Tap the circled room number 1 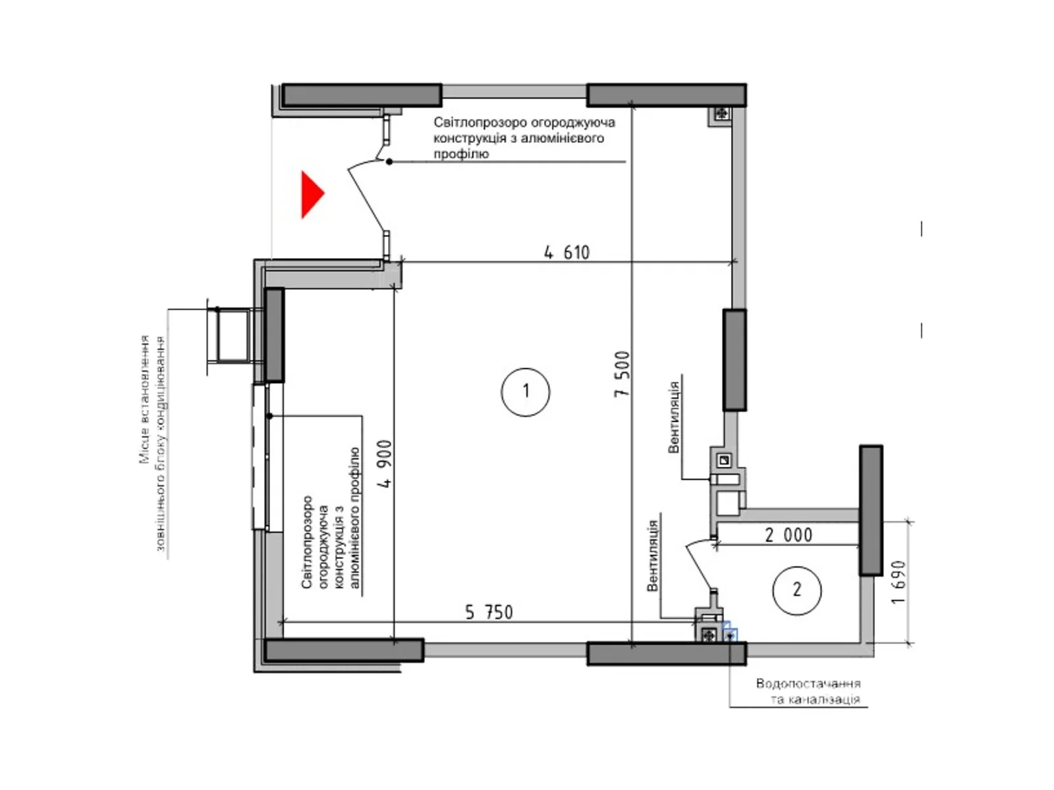[525, 392]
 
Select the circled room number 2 [796, 590]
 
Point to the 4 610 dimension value [567, 252]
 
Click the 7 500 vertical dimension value [622, 374]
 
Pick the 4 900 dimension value [385, 464]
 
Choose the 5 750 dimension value [489, 612]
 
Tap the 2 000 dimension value [789, 535]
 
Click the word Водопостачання [808, 683]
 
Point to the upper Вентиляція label [674, 417]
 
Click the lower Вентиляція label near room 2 [652, 556]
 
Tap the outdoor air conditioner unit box [233, 335]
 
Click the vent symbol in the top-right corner [722, 114]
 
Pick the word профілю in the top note [461, 154]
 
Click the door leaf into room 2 [699, 564]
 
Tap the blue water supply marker [730, 635]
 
